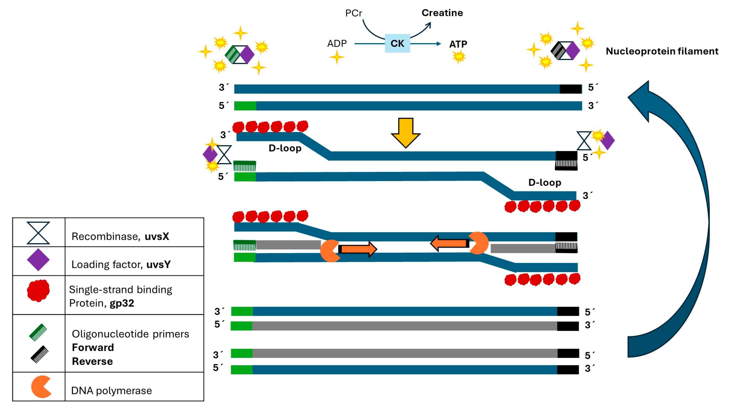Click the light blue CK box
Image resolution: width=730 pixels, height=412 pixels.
[397, 43]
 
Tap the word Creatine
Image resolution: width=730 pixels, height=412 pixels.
[442, 13]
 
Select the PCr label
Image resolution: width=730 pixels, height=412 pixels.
[353, 13]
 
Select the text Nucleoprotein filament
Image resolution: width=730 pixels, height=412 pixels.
[662, 51]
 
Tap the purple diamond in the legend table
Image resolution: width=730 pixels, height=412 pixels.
[38, 260]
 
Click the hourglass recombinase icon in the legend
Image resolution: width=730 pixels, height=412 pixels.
[38, 233]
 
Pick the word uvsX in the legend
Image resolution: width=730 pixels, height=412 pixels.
[157, 236]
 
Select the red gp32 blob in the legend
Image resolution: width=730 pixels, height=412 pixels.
[38, 291]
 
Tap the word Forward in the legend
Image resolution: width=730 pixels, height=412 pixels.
[93, 347]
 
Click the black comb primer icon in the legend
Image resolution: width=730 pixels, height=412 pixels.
[40, 354]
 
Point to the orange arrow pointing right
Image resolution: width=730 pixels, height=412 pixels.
[358, 249]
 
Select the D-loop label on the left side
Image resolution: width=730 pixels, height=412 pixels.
[285, 148]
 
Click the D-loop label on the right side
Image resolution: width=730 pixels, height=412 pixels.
[544, 182]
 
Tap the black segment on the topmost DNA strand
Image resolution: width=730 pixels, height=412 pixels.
[570, 89]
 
